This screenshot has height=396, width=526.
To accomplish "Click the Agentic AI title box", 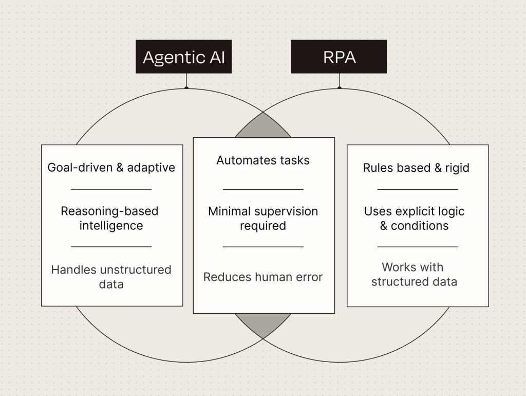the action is click(183, 57).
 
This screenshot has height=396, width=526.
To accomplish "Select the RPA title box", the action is click(339, 57).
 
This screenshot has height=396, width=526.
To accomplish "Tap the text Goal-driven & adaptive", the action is click(111, 167).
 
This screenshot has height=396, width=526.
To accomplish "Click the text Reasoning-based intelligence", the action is click(110, 219).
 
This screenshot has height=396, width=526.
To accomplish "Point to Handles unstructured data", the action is click(111, 277).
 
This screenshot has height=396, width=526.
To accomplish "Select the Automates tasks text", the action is click(263, 160).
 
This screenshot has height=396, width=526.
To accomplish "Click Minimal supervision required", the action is click(263, 219).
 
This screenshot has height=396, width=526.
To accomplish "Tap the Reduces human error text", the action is click(263, 277).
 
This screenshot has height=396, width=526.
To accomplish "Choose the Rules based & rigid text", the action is click(416, 168).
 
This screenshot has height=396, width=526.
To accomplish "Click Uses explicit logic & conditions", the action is click(415, 219).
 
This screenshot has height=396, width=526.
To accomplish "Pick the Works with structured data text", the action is click(415, 275).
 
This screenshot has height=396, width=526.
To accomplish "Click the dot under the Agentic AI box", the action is click(186, 88).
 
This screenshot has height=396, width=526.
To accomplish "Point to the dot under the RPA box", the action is click(340, 88).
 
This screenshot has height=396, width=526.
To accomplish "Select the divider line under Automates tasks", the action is click(263, 189).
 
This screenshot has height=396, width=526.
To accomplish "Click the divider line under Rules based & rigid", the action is click(418, 189).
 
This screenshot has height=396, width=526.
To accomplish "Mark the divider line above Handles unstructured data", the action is click(111, 246).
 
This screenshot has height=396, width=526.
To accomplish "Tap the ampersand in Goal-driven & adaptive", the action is click(120, 167).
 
